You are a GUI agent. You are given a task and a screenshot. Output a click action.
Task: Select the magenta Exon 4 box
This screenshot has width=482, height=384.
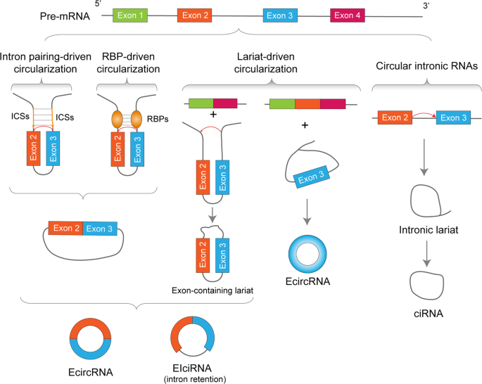pos(349,15)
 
